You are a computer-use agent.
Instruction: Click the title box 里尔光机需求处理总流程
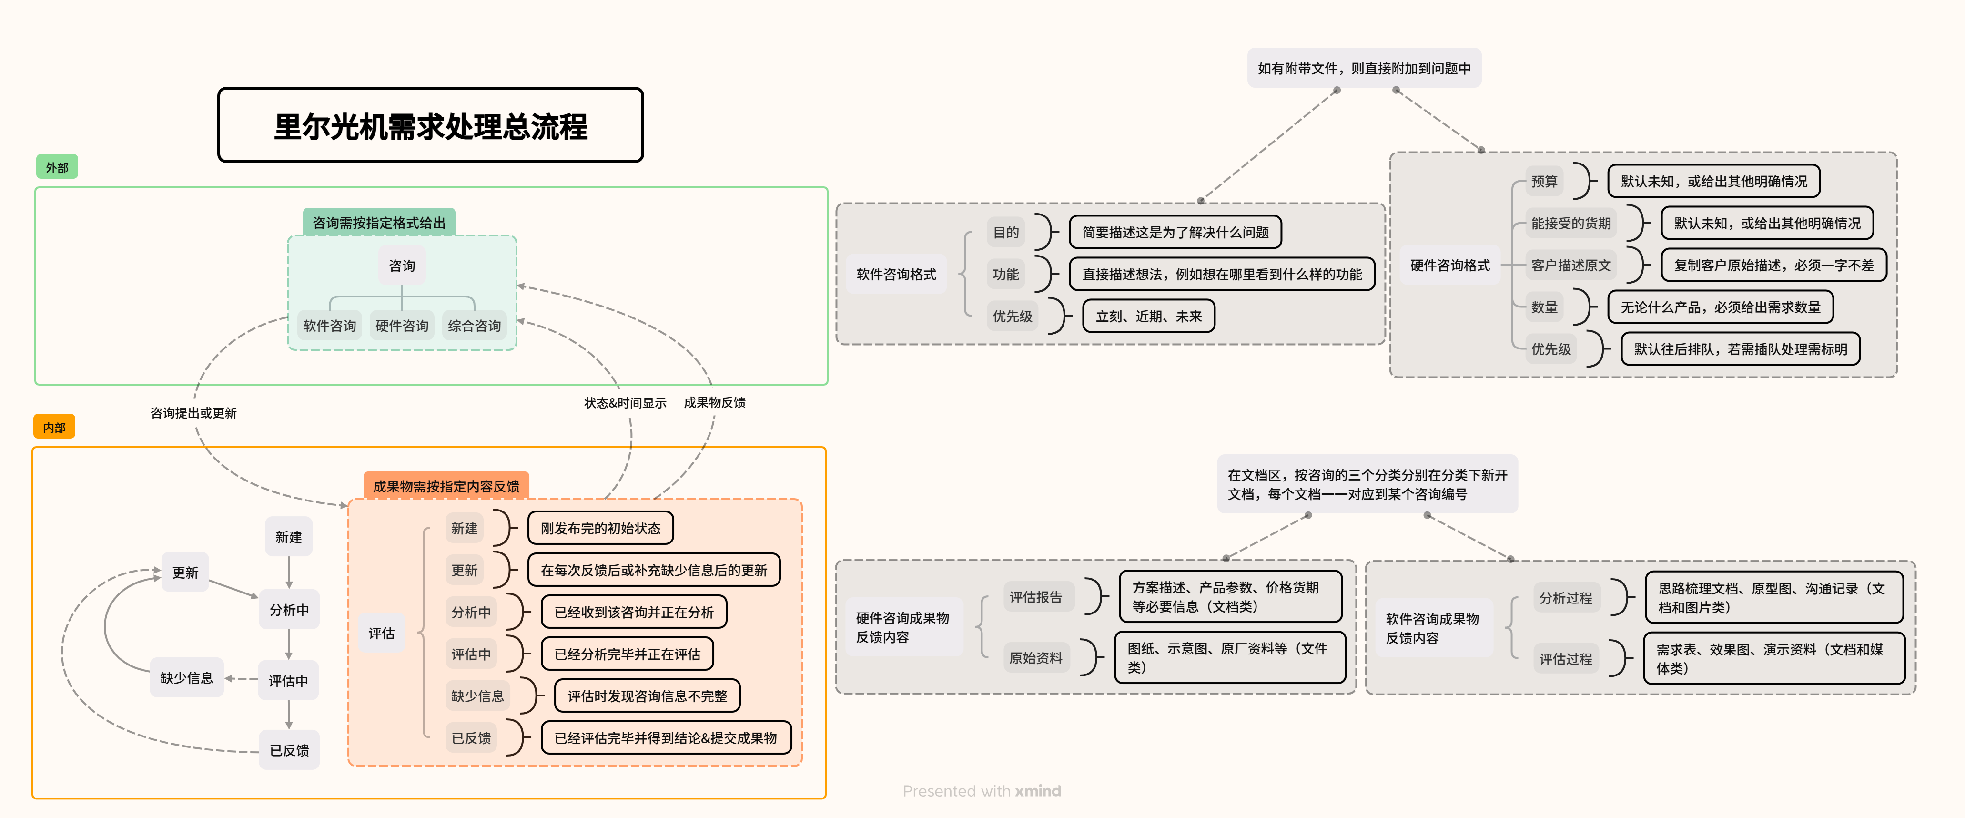tap(430, 125)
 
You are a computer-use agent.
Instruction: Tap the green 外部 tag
tap(57, 167)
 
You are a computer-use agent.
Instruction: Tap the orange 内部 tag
tap(54, 427)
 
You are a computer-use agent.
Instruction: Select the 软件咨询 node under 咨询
tap(330, 326)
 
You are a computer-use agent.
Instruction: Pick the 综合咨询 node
tap(475, 326)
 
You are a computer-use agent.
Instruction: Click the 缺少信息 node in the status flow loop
tap(187, 677)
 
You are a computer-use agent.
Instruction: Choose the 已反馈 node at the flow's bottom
tap(289, 750)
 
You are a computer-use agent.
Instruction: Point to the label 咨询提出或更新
tap(194, 413)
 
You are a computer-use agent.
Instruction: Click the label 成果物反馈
tap(715, 402)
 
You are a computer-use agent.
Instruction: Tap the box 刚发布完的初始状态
tap(600, 528)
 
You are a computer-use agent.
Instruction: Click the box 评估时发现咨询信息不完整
tap(647, 696)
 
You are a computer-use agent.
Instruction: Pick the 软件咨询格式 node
tap(896, 274)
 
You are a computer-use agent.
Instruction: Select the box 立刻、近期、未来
tap(1149, 316)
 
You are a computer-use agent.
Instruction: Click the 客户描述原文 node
tap(1570, 265)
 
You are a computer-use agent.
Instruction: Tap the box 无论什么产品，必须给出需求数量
tap(1720, 307)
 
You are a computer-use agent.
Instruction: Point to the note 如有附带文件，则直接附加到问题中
tap(1364, 68)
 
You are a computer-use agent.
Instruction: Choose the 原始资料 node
tap(1036, 658)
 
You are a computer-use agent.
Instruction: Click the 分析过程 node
tap(1565, 597)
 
